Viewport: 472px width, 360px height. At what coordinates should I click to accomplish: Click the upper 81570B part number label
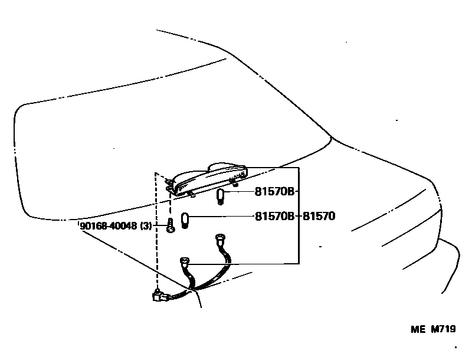274,192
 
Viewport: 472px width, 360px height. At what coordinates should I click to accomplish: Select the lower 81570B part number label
274,217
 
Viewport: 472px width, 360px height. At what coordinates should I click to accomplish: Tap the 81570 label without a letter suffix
319,217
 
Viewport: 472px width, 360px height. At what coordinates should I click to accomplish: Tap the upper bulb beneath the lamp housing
221,196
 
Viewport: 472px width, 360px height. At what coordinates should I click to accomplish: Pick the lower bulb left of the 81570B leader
184,221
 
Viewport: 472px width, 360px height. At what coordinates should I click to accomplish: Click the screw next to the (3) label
170,225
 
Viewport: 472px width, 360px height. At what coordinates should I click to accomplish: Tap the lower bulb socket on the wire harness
185,261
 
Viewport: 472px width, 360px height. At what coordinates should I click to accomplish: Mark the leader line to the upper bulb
240,192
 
